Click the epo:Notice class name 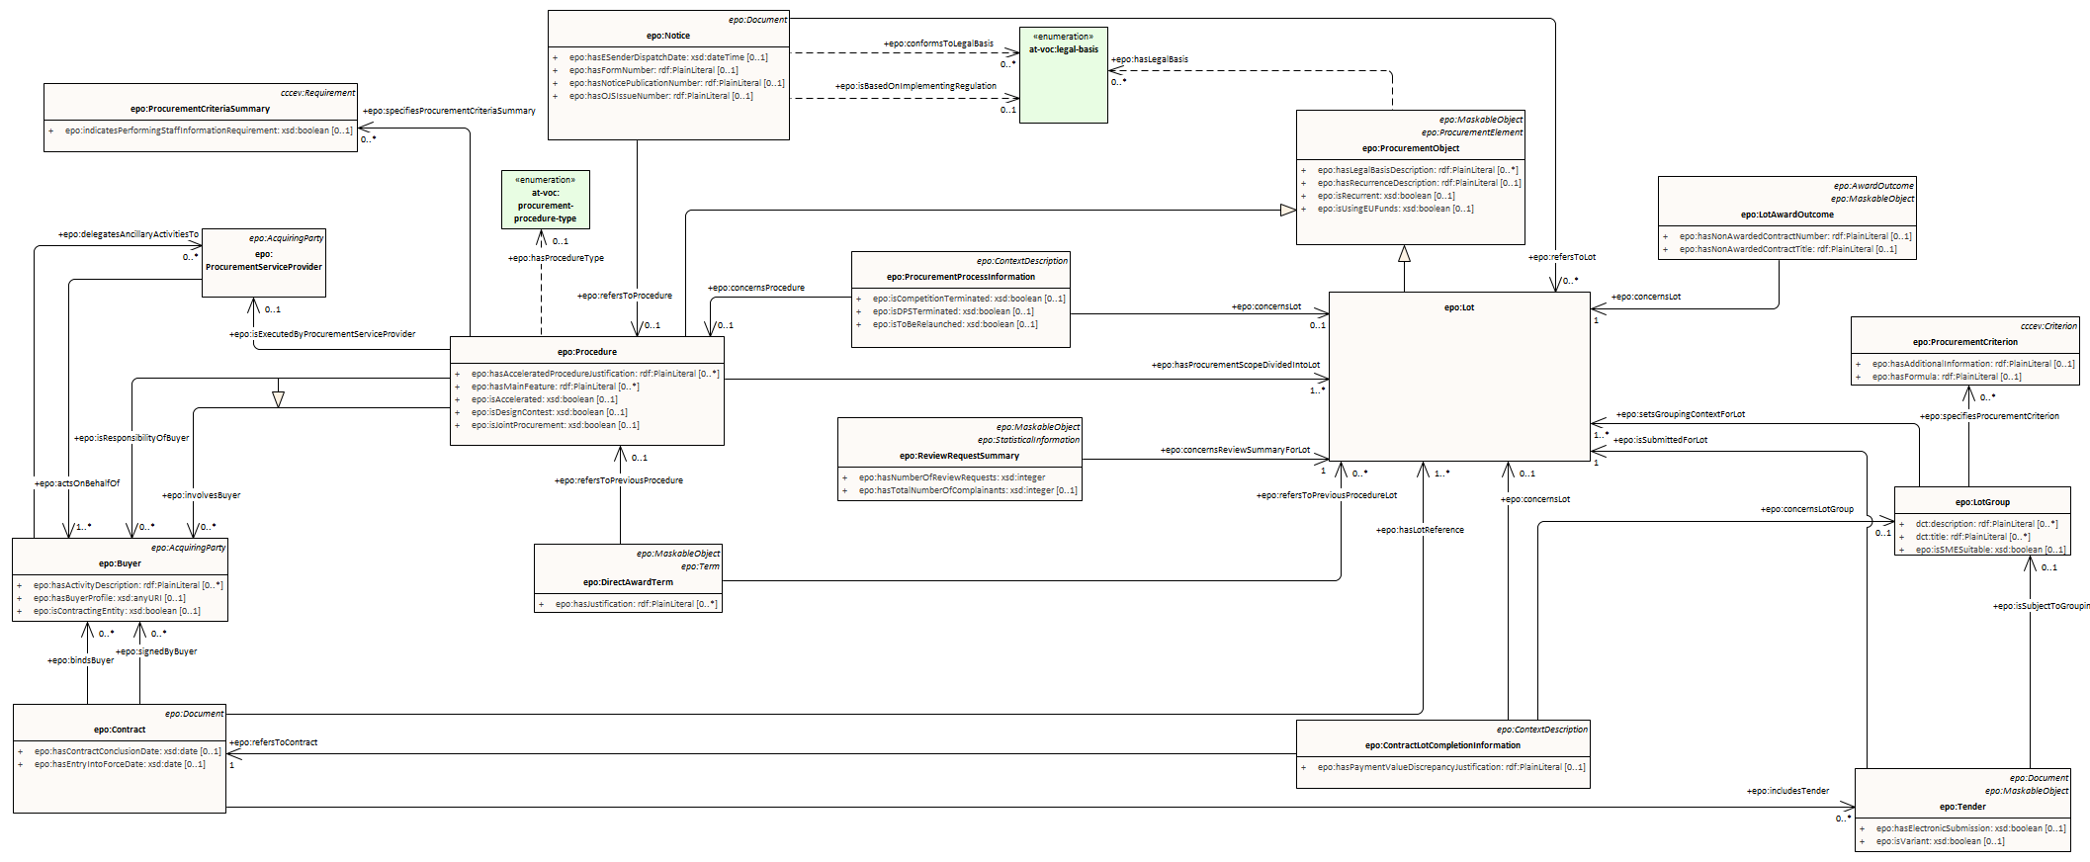[668, 36]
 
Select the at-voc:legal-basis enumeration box [1063, 75]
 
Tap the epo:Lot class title [1459, 307]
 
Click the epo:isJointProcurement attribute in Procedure [555, 425]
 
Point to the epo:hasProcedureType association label [556, 258]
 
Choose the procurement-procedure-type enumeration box [545, 200]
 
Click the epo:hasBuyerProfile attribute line [109, 598]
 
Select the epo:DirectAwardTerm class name [628, 582]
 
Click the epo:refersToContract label [274, 742]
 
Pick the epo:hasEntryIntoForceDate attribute [120, 764]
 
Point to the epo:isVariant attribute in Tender [1940, 841]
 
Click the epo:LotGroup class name [1982, 502]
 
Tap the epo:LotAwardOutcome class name [1786, 215]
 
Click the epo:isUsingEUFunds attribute [1395, 209]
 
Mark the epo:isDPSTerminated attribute [952, 311]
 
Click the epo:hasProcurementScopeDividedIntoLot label [1235, 365]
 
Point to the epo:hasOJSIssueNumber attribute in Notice [660, 96]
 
